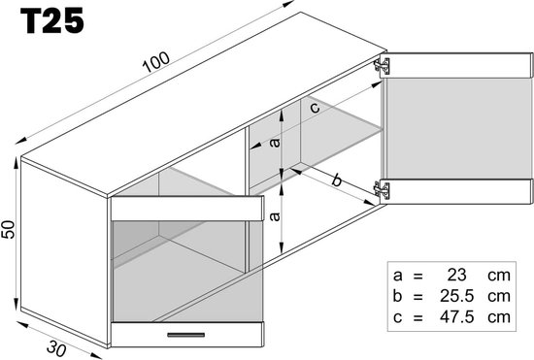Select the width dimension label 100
click(x=154, y=60)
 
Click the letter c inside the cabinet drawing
click(x=315, y=108)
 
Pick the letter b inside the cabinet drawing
click(x=336, y=180)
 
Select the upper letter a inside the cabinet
click(x=274, y=142)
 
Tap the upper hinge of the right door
click(x=383, y=65)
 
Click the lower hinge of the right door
click(x=384, y=190)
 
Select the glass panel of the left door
click(x=184, y=267)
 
